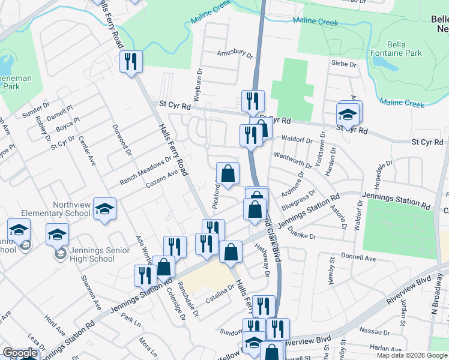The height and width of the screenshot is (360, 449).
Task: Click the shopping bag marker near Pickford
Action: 228,173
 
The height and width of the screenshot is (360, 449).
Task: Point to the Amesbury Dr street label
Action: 235,53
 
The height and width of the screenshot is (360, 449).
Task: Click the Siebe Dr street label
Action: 344,63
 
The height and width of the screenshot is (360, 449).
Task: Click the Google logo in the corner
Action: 20,353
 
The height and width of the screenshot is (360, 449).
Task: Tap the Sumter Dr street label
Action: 35,110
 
